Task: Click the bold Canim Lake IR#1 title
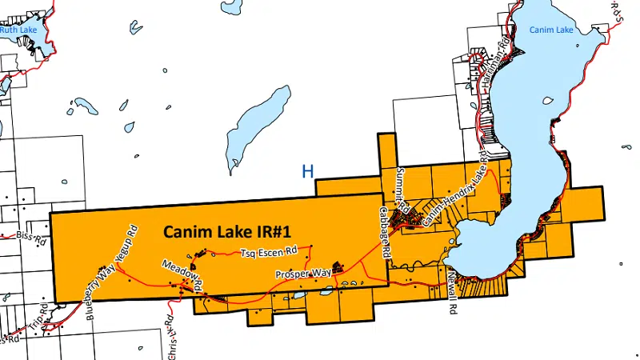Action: (x=226, y=231)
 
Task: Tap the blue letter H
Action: (x=307, y=170)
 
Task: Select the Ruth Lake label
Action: (x=17, y=30)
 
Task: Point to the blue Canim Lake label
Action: (x=551, y=30)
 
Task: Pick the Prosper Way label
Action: (x=303, y=274)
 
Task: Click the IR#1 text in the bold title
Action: (x=270, y=231)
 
